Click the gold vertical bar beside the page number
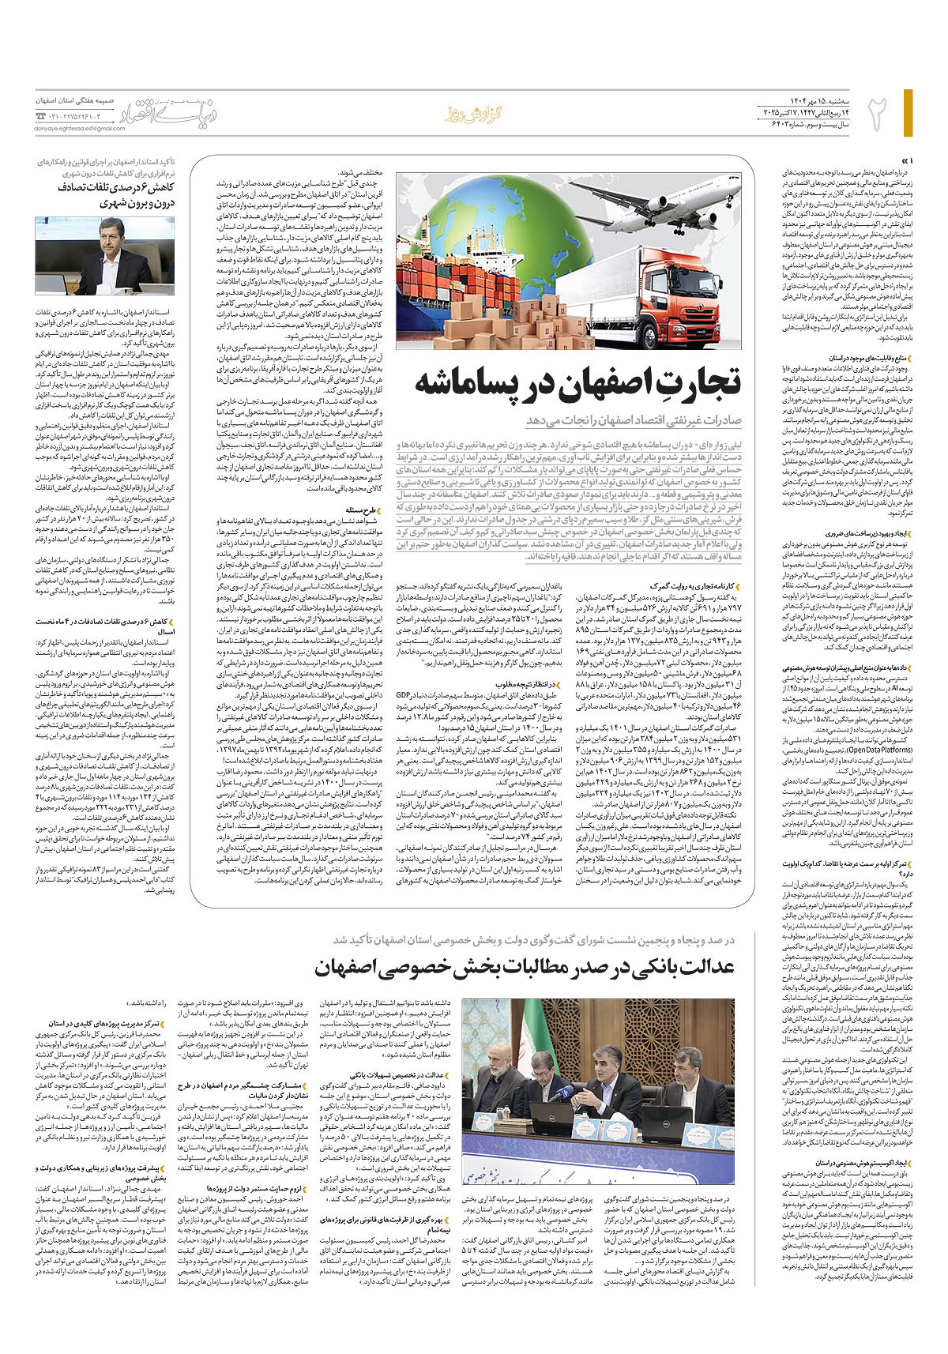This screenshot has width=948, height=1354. (x=908, y=111)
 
